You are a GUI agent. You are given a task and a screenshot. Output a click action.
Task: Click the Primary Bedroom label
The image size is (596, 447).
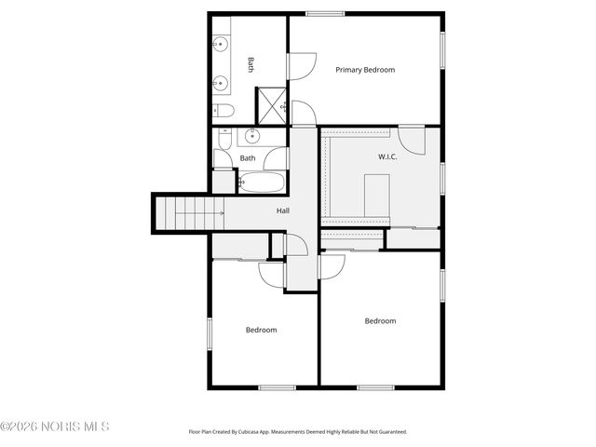tap(365, 70)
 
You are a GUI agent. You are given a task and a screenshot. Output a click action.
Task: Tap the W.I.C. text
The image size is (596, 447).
tap(387, 156)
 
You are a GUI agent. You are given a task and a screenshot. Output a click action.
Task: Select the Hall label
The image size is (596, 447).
tap(282, 210)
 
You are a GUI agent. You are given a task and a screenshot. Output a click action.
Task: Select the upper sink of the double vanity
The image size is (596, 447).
tap(222, 43)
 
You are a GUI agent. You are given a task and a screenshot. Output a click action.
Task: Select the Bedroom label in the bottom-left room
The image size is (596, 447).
tap(261, 330)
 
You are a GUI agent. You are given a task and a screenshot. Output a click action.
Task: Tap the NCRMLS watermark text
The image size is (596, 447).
tap(56, 427)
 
